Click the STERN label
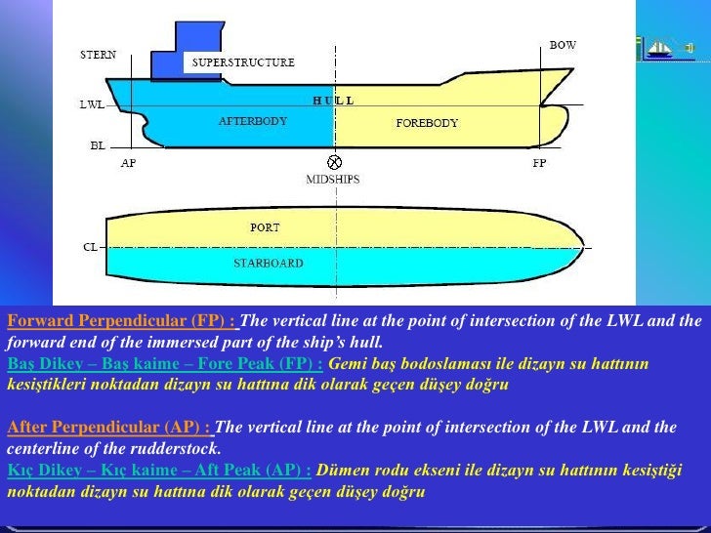click(98, 55)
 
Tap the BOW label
click(563, 45)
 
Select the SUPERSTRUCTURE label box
click(243, 62)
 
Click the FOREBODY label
click(427, 123)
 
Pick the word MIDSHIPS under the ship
click(334, 180)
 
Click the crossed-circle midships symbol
click(335, 162)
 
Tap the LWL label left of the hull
click(93, 103)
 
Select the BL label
click(98, 145)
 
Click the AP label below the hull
click(128, 163)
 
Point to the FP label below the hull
click(539, 163)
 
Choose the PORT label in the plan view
click(265, 227)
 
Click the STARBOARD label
click(268, 264)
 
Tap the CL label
click(90, 247)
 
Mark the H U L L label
click(333, 101)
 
